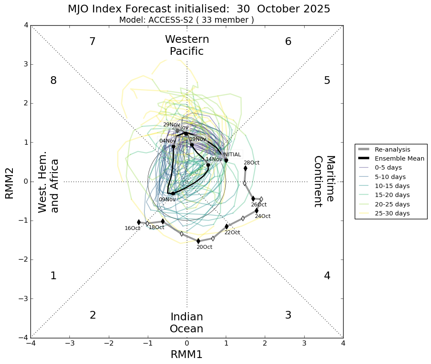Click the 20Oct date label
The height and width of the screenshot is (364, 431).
click(x=204, y=247)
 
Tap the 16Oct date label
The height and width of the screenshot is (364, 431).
click(x=132, y=228)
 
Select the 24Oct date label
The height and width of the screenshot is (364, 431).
click(x=262, y=216)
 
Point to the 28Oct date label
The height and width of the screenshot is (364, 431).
click(x=251, y=163)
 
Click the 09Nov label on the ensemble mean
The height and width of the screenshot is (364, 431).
click(x=167, y=200)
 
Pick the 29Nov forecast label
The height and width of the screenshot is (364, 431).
click(x=171, y=125)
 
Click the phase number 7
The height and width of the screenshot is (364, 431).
click(x=92, y=42)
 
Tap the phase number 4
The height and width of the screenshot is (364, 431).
click(x=327, y=276)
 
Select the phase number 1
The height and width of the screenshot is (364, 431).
click(x=53, y=276)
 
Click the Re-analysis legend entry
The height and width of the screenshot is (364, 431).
click(x=392, y=149)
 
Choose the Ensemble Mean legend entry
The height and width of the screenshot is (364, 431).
click(x=396, y=158)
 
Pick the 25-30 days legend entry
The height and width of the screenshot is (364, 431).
click(x=392, y=213)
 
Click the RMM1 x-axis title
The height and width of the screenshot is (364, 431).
click(x=186, y=355)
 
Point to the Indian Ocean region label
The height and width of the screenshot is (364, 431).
click(x=186, y=323)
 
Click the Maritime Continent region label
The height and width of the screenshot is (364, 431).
click(x=324, y=181)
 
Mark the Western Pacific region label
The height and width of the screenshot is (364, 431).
click(x=187, y=45)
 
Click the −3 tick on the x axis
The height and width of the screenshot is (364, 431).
click(x=70, y=343)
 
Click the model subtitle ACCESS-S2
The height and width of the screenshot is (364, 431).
click(x=186, y=20)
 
